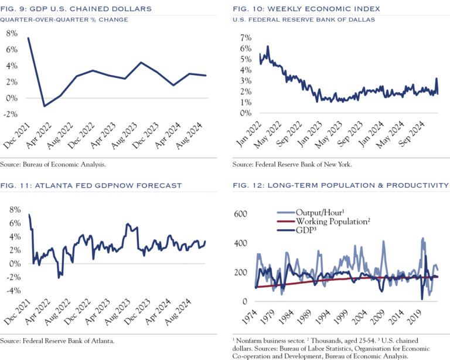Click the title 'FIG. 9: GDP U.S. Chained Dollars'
[77, 9]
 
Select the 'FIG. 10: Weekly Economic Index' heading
[305, 9]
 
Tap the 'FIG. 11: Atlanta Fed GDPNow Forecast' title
[91, 185]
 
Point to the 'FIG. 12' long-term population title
[340, 185]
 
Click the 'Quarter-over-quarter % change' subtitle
[64, 19]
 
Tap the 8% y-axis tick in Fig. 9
[11, 33]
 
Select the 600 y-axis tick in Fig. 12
[241, 214]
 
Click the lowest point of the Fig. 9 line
[44, 106]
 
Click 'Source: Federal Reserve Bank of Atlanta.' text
[57, 340]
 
